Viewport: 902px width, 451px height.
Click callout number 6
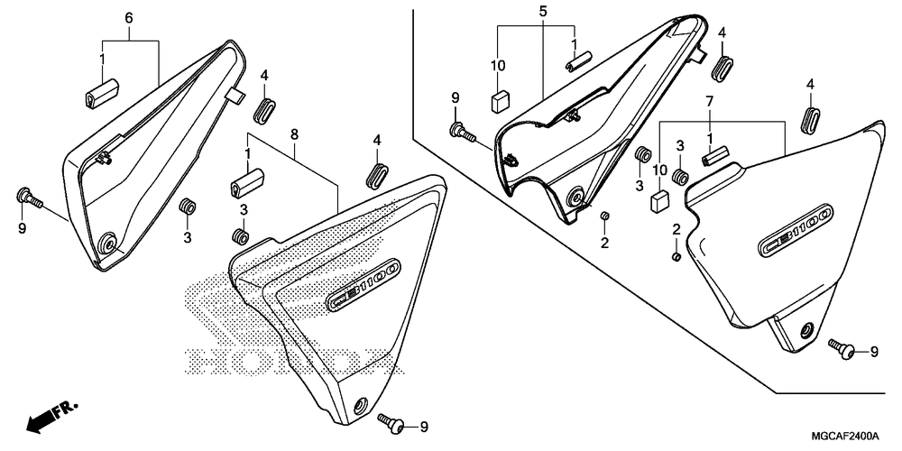click(128, 18)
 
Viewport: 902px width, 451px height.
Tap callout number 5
click(543, 12)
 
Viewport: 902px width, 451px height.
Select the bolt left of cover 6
click(26, 197)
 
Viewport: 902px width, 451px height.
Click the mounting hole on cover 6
click(109, 243)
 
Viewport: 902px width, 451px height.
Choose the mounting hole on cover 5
click(574, 198)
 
